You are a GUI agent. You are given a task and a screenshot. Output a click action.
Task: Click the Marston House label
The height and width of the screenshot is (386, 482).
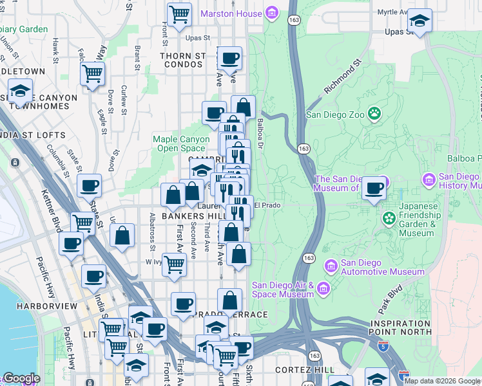(x=231, y=14)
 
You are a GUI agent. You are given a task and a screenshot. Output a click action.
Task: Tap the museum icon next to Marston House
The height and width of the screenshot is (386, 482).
(x=272, y=14)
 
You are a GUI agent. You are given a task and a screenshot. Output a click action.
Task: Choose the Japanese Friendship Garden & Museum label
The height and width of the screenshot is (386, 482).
(x=417, y=220)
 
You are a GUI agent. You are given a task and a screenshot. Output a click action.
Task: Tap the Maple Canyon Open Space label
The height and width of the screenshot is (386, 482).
(x=181, y=143)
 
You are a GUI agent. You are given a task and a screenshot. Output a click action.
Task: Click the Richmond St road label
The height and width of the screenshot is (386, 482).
(x=342, y=78)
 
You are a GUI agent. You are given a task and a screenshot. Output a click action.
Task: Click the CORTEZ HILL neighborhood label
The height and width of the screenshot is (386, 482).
(x=304, y=370)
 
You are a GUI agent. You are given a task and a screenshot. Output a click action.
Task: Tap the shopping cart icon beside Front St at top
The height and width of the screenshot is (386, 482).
(x=179, y=13)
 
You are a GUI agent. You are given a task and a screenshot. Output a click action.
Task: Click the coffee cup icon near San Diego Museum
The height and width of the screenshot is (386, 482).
(x=374, y=188)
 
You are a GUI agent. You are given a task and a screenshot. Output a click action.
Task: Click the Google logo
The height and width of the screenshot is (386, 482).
(x=21, y=378)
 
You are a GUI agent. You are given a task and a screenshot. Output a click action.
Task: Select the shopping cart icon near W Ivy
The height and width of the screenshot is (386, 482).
(x=174, y=263)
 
